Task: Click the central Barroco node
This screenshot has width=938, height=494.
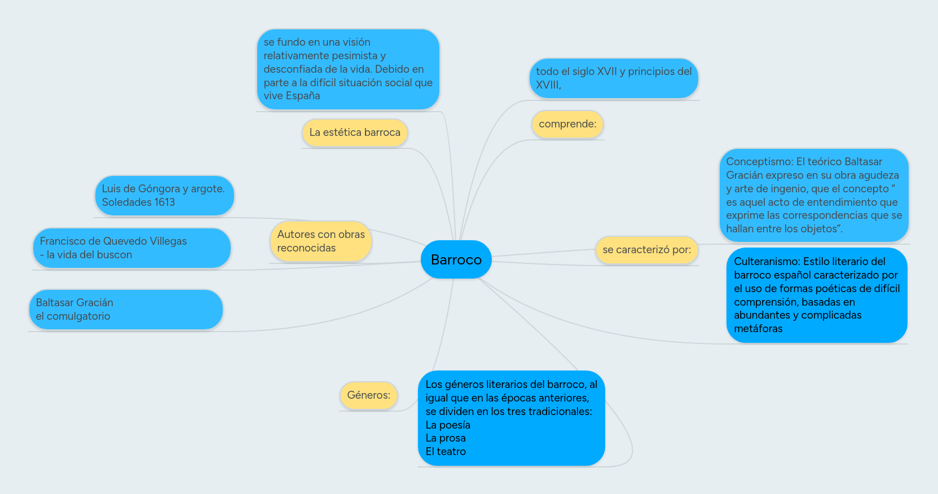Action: click(456, 259)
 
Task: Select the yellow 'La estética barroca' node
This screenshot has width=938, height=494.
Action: click(355, 133)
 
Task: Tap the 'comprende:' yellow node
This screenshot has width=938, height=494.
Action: click(567, 124)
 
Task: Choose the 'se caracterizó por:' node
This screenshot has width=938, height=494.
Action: click(647, 250)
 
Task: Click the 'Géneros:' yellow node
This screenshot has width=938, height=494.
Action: click(369, 395)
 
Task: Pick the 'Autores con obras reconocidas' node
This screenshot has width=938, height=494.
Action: click(320, 241)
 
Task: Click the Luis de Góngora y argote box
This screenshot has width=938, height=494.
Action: click(164, 195)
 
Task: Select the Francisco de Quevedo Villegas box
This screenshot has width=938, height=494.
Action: click(131, 248)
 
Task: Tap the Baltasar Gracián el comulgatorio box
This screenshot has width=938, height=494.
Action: click(126, 310)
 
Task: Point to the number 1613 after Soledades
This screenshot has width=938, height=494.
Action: click(164, 202)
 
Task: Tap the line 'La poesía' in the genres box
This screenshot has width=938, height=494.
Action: click(448, 425)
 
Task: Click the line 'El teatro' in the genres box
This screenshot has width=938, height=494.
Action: click(446, 452)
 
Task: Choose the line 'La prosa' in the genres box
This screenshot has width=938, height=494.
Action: click(446, 438)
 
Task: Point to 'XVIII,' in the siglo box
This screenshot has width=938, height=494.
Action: click(548, 85)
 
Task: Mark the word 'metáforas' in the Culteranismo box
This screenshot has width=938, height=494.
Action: click(758, 329)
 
